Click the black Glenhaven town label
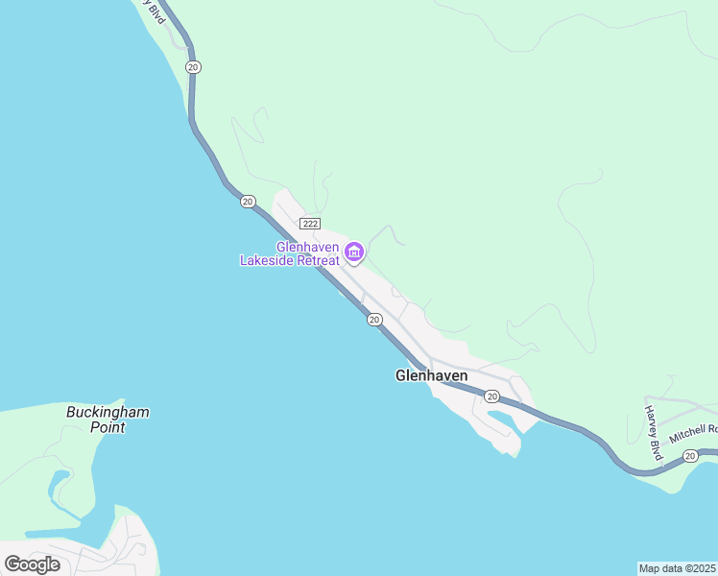point(431,376)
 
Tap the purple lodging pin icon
point(354,252)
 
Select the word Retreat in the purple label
point(317,260)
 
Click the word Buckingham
point(108,413)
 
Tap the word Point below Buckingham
point(108,427)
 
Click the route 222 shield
point(309,223)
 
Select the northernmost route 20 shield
point(194,66)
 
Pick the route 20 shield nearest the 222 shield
point(248,202)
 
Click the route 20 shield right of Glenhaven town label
point(491,396)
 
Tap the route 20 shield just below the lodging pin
point(374,320)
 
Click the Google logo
point(33,564)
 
